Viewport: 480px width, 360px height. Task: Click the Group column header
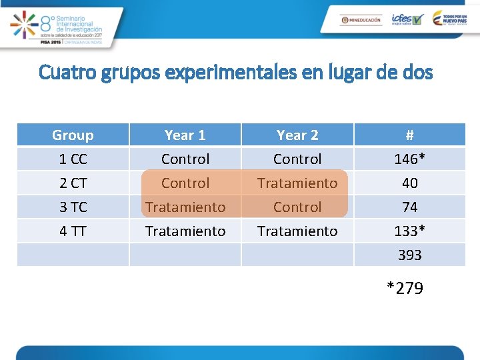[x=73, y=135]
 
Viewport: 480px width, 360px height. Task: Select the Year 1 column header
[x=185, y=135]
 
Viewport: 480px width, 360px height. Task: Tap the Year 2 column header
[x=297, y=135]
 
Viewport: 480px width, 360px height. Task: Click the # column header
[x=409, y=135]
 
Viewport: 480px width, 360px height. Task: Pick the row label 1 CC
[x=73, y=159]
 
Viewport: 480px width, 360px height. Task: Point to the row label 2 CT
[x=73, y=183]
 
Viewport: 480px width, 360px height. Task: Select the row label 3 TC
[x=73, y=207]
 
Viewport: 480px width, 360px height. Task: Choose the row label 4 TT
[x=73, y=231]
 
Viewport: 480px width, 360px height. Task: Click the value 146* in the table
[x=409, y=159]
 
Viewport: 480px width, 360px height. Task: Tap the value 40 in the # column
[x=409, y=183]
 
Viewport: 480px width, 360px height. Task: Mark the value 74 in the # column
[x=409, y=207]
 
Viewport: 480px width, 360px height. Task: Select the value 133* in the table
[x=409, y=231]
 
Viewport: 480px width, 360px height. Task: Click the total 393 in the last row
[x=409, y=255]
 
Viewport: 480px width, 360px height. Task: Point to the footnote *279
[x=405, y=288]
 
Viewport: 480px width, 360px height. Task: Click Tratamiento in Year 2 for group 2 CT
[x=297, y=183]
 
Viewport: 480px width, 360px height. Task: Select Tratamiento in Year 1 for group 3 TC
[x=185, y=207]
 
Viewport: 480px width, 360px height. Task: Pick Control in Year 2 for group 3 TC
[x=297, y=207]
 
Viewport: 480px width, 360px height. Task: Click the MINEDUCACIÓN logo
[x=361, y=20]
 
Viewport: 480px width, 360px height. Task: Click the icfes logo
[x=407, y=19]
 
